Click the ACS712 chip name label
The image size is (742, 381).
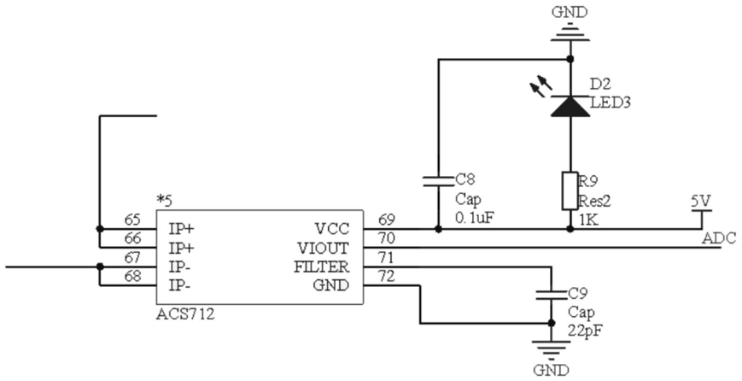pyautogui.click(x=185, y=314)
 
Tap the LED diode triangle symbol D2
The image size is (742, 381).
pyautogui.click(x=570, y=105)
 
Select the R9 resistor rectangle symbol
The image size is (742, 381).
pyautogui.click(x=570, y=190)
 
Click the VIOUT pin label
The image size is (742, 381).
pyautogui.click(x=324, y=248)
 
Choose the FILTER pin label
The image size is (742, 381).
pyautogui.click(x=321, y=267)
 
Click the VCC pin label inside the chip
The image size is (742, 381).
pyautogui.click(x=332, y=229)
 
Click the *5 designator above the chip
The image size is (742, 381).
pyautogui.click(x=165, y=200)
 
